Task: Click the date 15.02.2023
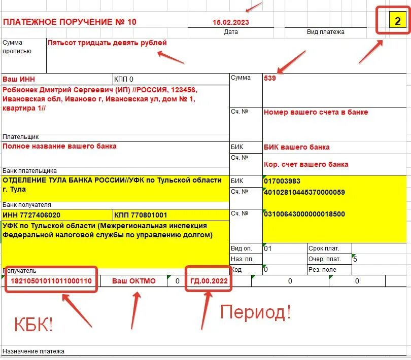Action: point(231,22)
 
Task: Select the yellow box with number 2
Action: point(397,21)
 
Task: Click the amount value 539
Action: point(270,78)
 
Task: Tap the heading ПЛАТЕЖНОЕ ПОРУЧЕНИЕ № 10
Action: point(70,22)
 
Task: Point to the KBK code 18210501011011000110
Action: point(51,281)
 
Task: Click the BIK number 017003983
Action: point(282,181)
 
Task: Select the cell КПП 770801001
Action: point(141,215)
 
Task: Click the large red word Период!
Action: point(255,312)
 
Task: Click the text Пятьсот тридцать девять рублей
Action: point(107,43)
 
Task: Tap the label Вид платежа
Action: point(326,32)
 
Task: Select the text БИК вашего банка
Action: point(297,147)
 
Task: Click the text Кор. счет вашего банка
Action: point(306,164)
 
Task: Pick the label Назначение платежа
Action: point(33,351)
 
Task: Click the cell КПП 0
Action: point(124,79)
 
